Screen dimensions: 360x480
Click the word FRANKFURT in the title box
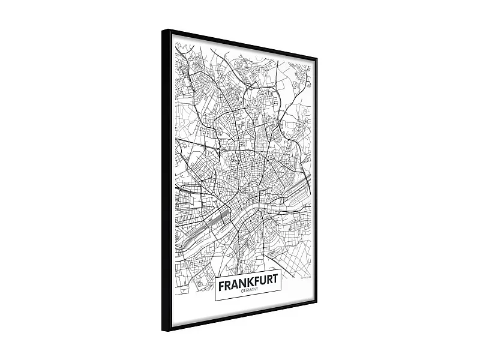click(x=248, y=282)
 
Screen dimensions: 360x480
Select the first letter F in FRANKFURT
click(x=221, y=286)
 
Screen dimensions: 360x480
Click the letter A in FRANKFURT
click(x=234, y=284)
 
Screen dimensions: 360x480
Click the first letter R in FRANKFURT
click(x=227, y=285)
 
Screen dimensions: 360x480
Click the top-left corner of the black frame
click(x=163, y=30)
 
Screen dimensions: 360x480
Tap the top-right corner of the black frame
click(x=316, y=58)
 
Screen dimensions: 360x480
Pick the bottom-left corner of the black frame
click(x=163, y=331)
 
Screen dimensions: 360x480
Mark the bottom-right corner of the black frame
click(x=316, y=299)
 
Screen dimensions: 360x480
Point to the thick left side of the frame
click(x=166, y=180)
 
